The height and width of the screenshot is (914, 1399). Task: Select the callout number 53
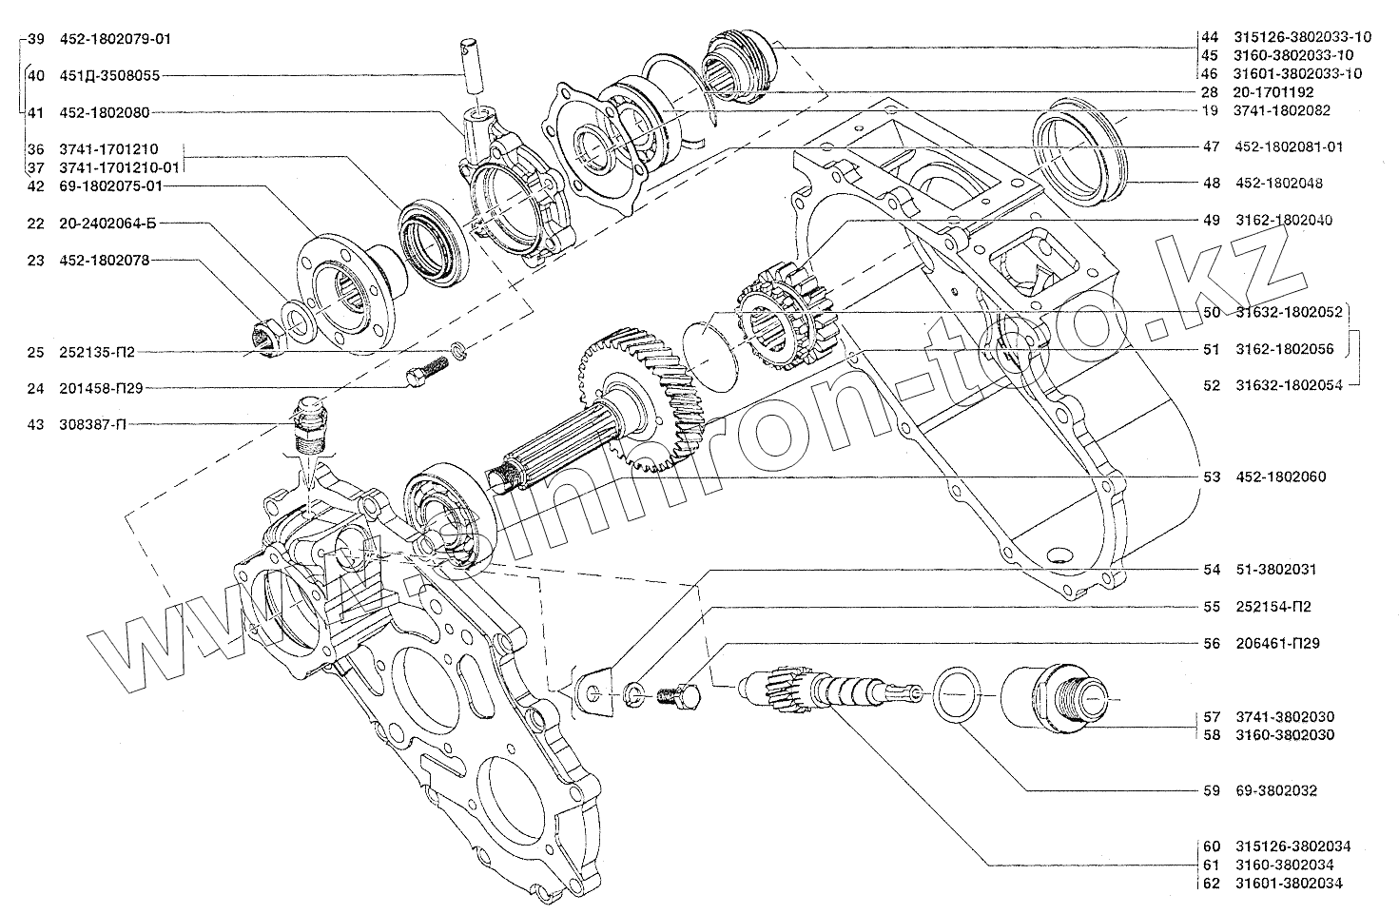[x=1211, y=476]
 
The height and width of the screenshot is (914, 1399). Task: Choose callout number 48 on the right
[x=1211, y=183]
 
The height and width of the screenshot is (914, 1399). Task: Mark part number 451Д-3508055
[x=107, y=75]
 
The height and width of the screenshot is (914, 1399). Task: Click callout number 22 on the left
[x=36, y=224]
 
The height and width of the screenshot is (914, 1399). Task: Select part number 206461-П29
[x=1278, y=643]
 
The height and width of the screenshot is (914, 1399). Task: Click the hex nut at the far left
[x=263, y=336]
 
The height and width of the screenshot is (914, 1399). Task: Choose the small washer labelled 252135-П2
[x=458, y=352]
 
